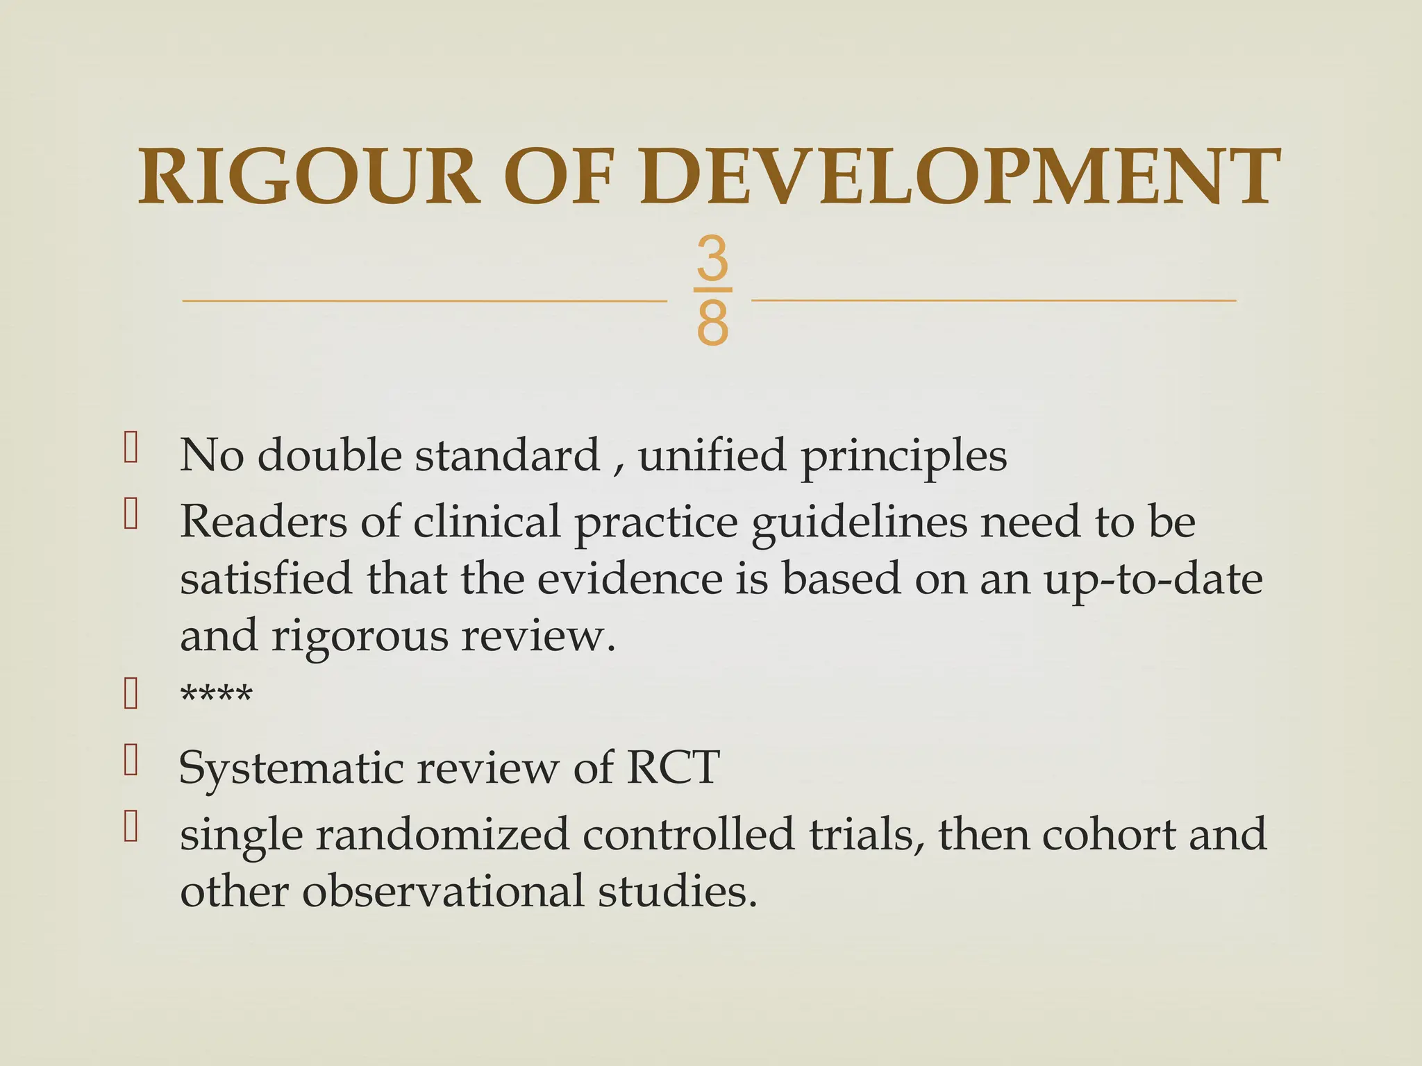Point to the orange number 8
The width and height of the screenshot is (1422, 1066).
click(x=712, y=323)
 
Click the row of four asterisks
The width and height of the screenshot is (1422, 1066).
click(x=216, y=694)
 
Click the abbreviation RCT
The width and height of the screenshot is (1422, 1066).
click(x=672, y=768)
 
